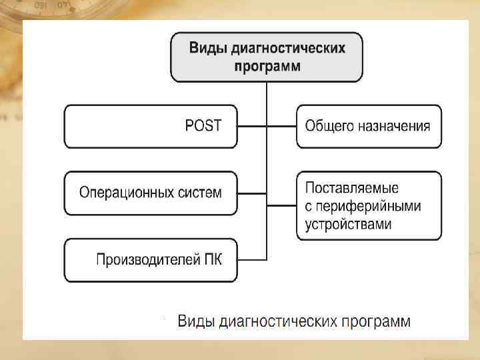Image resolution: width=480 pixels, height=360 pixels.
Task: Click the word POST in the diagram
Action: tap(203, 126)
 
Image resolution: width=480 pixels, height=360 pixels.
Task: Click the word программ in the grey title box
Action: tap(267, 66)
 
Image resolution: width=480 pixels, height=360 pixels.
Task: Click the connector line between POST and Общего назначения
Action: tap(267, 126)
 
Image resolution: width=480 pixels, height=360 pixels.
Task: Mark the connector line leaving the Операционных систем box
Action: tap(251, 193)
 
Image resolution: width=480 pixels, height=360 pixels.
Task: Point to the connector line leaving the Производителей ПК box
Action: tap(251, 259)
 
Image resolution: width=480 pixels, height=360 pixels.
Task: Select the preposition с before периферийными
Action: tap(309, 206)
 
